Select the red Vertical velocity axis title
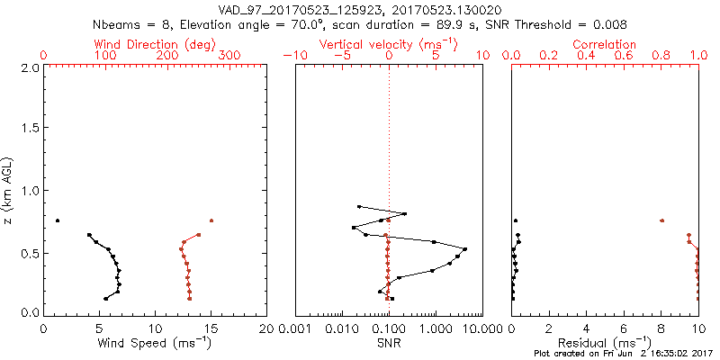(x=388, y=44)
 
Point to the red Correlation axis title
(x=606, y=44)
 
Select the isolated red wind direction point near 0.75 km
(x=211, y=220)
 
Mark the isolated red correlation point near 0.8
(x=661, y=220)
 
